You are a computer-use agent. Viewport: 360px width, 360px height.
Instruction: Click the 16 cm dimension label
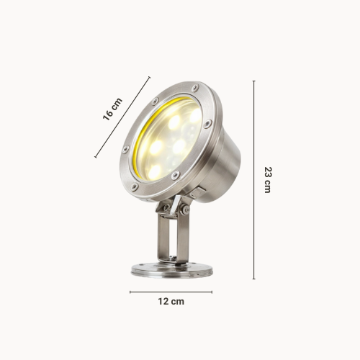pyautogui.click(x=112, y=109)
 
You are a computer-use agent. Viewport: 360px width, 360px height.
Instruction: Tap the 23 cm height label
pyautogui.click(x=268, y=180)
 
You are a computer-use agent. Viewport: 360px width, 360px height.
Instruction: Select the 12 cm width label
pyautogui.click(x=171, y=302)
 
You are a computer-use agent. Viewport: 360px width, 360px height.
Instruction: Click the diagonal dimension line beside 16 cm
pyautogui.click(x=122, y=117)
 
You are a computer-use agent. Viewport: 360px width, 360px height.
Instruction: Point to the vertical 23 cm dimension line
pyautogui.click(x=254, y=180)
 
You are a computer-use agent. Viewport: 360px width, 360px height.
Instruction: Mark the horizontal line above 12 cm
pyautogui.click(x=171, y=292)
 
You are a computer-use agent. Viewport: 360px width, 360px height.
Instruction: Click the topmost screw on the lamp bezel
pyautogui.click(x=195, y=87)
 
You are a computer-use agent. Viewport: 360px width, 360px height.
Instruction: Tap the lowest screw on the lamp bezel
pyautogui.click(x=135, y=187)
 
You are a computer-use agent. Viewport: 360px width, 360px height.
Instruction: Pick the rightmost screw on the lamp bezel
pyautogui.click(x=207, y=124)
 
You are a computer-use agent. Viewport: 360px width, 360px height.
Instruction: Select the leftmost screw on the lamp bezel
pyautogui.click(x=125, y=150)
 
